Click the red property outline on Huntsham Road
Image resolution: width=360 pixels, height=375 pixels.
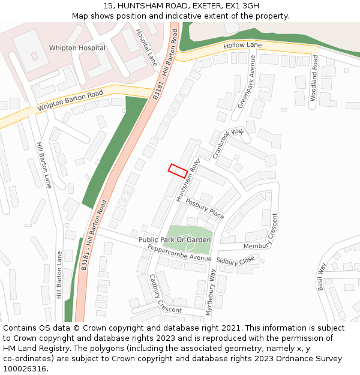(x=177, y=170)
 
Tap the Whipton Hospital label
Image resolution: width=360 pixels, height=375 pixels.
(x=77, y=48)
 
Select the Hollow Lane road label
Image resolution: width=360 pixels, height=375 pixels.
(x=242, y=46)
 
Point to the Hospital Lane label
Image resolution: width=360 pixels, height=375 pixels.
(x=146, y=47)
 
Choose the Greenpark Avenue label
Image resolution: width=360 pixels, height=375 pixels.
(x=247, y=82)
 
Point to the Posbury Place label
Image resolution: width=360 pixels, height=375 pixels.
(x=204, y=208)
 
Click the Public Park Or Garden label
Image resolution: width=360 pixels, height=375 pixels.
(x=175, y=240)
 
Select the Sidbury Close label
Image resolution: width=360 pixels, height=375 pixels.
(x=235, y=262)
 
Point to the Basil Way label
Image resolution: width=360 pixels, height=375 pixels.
(x=322, y=276)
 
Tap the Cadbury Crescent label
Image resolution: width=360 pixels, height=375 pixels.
(x=165, y=294)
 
